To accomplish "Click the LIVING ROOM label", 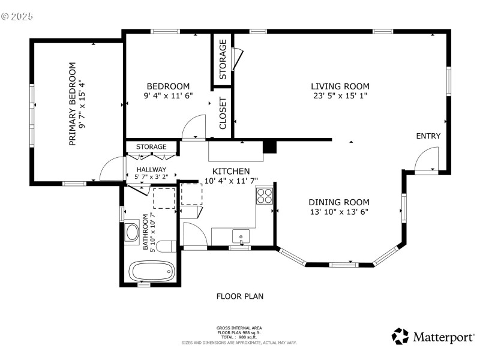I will pos(340,86).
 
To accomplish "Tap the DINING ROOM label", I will pos(339,202).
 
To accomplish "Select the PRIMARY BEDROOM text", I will pos(72,104).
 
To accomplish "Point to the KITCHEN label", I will pos(231,172).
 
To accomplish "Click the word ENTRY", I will pos(428,136).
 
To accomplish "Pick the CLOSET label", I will pos(222,113).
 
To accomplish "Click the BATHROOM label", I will pos(145,231).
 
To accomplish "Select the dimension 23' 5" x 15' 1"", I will pos(340,95).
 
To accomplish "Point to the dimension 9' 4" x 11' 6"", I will pos(168,95).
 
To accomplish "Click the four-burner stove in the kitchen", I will pos(265,196).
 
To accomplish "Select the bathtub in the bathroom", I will pos(152,272).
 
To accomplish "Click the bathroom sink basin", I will pos(132,232).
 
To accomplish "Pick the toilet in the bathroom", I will pos(166,246).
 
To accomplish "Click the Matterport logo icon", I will pos(400,336).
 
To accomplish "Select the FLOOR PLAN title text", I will pos(240,296).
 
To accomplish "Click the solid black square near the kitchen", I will pos(269,146).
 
